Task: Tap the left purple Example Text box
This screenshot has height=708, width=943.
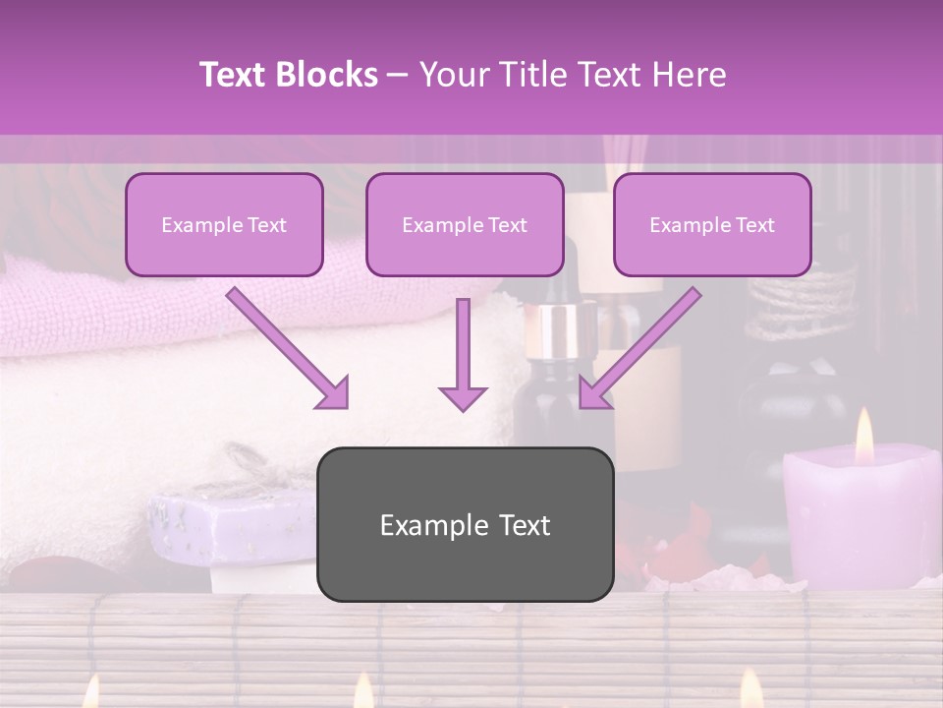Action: pos(224,225)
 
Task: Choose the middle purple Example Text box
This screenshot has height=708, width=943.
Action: pos(465,225)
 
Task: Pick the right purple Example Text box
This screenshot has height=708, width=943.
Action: pos(712,225)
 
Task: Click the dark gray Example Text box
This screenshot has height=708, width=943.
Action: pos(465,525)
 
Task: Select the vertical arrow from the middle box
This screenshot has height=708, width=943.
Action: pos(463,354)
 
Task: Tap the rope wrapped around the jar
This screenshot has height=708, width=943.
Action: pos(776,296)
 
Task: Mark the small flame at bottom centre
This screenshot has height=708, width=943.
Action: pos(362,690)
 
